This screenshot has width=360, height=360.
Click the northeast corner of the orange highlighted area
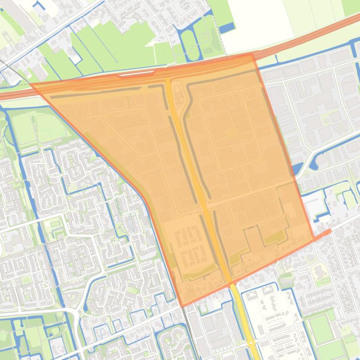(x=252, y=54)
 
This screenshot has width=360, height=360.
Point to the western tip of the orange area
(x=31, y=85)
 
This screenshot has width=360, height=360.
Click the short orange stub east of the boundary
(x=323, y=233)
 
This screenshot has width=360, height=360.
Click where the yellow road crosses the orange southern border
(x=230, y=282)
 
